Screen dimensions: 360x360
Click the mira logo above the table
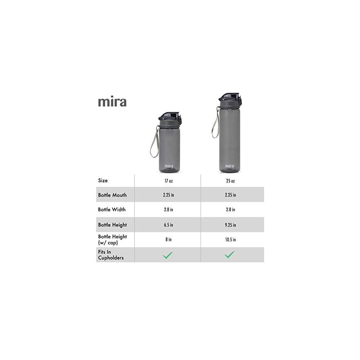pos(112,102)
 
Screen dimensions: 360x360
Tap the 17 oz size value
pos(168,181)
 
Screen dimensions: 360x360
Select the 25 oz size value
pos(230,181)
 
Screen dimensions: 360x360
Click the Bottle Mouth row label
pos(112,195)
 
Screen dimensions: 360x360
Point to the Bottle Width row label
pos(112,210)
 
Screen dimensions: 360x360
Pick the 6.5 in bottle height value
pos(168,225)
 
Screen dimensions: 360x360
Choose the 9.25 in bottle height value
pos(230,225)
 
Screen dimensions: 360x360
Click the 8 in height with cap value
pos(168,239)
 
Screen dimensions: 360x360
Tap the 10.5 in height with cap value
pos(230,239)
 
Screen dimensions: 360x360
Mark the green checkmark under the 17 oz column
pos(168,255)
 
